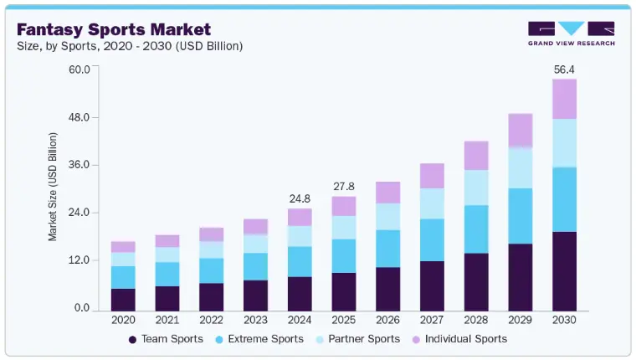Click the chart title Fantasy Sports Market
112,29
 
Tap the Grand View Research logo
572,33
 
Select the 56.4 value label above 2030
565,70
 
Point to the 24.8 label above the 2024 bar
300,198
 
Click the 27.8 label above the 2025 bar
344,186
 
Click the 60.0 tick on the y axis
78,69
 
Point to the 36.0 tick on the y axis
78,165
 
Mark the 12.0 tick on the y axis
78,260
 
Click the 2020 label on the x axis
123,320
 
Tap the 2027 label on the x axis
432,320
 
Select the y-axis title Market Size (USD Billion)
53,187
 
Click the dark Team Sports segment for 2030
565,270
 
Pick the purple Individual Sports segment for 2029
521,131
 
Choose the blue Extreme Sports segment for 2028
476,229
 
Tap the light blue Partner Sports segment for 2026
387,216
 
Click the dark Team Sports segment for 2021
167,298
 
